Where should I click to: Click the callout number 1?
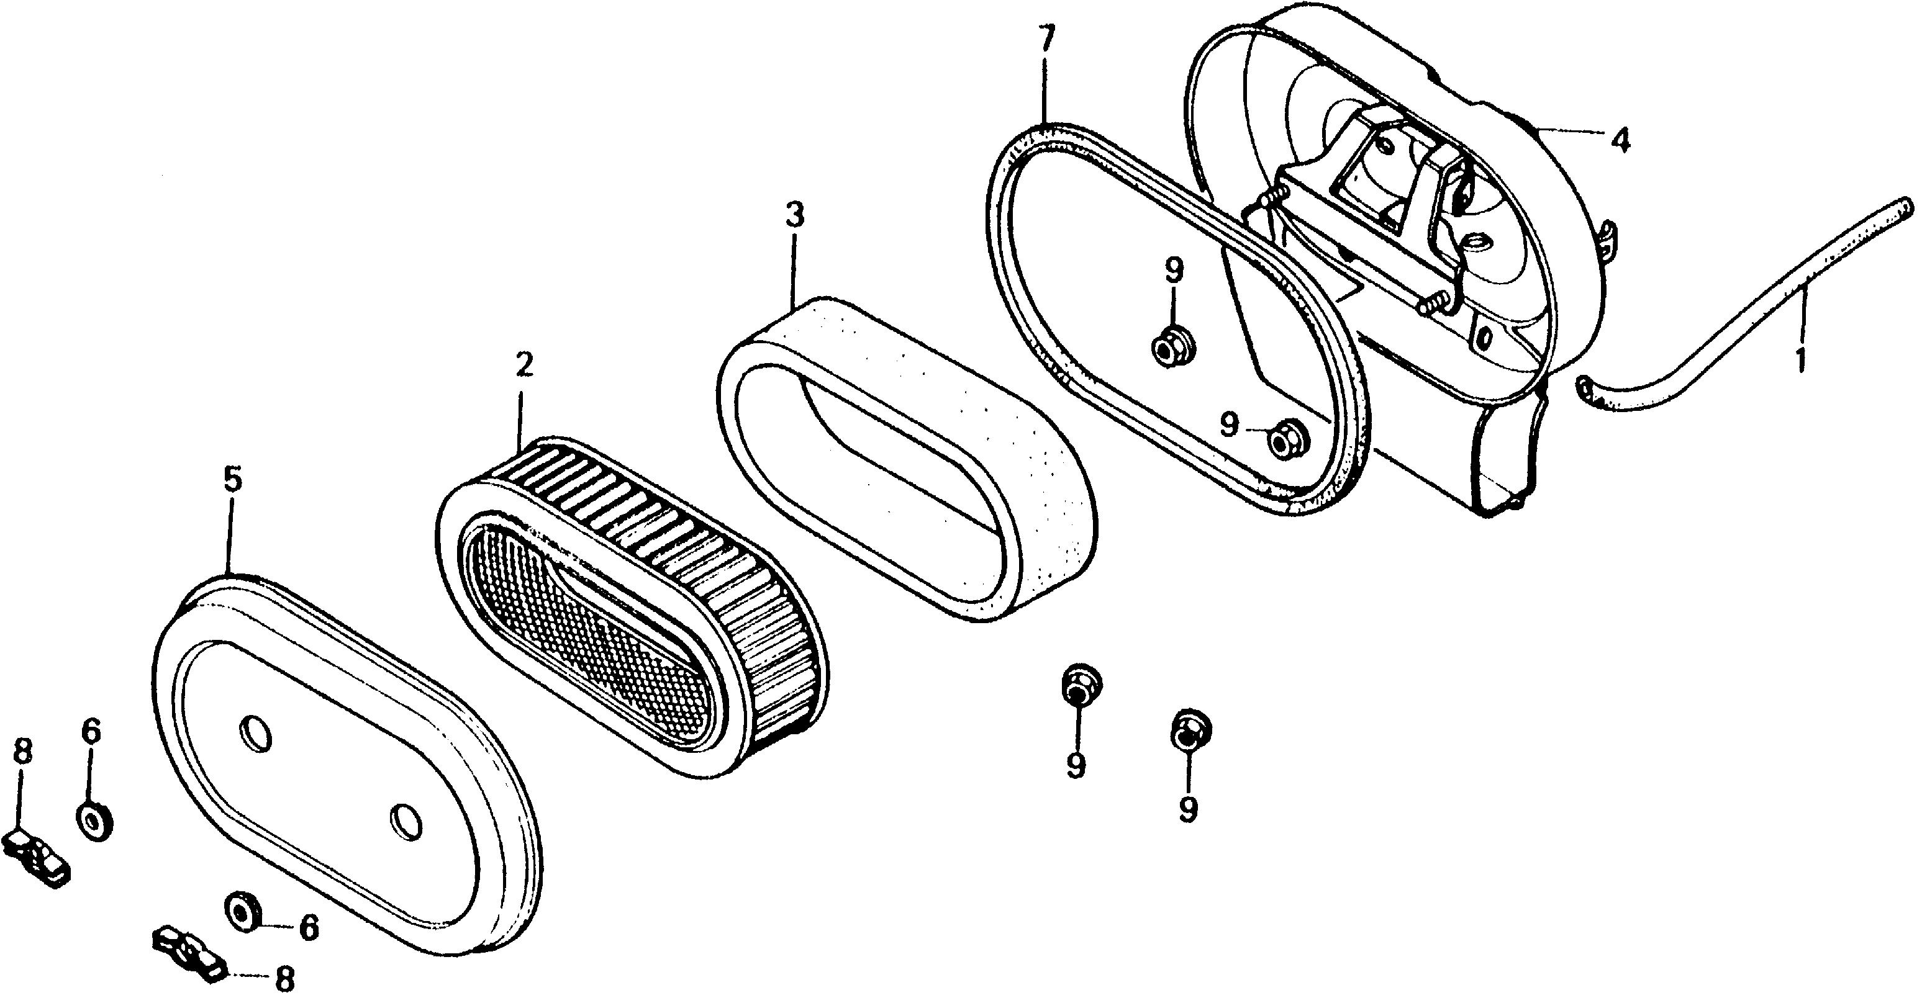click(1800, 359)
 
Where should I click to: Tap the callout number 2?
click(523, 366)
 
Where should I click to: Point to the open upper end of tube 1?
click(1907, 205)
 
